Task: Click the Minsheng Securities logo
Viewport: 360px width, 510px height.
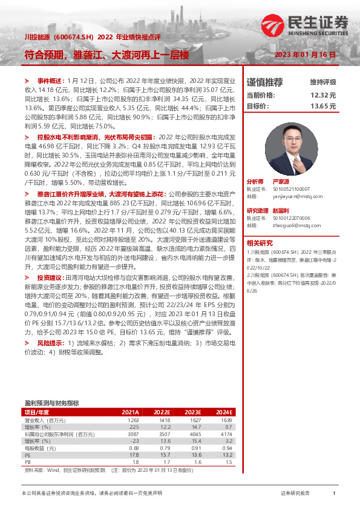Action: [306, 24]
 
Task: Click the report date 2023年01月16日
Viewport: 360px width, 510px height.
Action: [305, 55]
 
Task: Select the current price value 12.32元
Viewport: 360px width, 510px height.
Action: [322, 95]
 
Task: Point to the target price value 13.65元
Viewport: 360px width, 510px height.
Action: [322, 106]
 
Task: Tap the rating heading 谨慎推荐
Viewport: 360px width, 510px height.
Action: [265, 82]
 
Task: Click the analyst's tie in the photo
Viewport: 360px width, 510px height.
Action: [294, 159]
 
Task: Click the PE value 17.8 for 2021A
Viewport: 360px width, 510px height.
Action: [134, 454]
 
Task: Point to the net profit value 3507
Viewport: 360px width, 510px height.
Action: [165, 434]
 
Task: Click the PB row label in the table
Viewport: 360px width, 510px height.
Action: [27, 462]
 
